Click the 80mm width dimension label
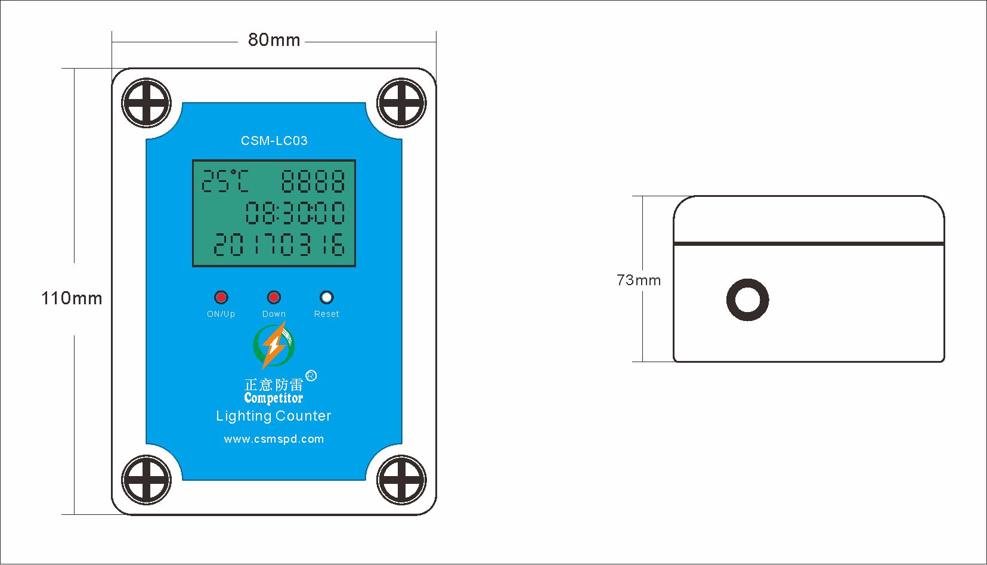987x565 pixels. tap(274, 39)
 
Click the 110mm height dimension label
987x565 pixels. tap(72, 298)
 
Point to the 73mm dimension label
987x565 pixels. tap(639, 280)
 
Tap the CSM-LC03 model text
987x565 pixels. tap(274, 141)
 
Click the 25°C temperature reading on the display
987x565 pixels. tap(225, 181)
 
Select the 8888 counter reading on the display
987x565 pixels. tap(313, 181)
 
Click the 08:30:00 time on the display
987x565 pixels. tap(295, 212)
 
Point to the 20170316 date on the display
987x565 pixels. tap(279, 244)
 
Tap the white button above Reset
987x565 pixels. tap(326, 298)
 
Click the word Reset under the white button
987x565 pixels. tap(326, 314)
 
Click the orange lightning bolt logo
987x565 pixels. tap(274, 345)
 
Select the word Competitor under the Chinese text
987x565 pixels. tap(274, 399)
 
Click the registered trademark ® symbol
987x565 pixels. tap(311, 376)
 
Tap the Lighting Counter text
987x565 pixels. tap(274, 416)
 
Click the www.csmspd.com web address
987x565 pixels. tap(274, 439)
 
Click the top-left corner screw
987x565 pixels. tap(146, 103)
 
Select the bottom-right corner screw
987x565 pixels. tap(401, 480)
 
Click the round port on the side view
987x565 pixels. tap(748, 300)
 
